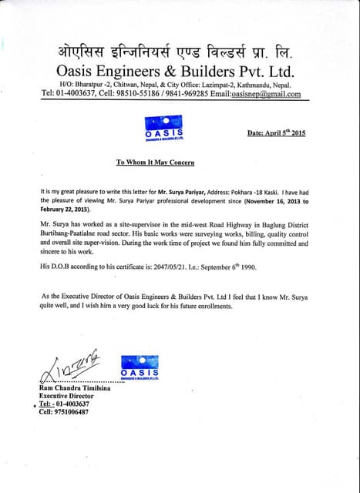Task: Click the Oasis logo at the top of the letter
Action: pos(163,126)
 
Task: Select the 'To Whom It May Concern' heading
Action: pos(155,163)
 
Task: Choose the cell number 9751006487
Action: pos(69,412)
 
